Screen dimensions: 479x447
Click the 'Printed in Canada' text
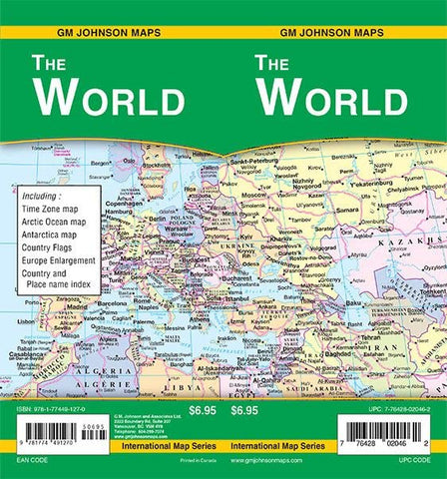186,461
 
